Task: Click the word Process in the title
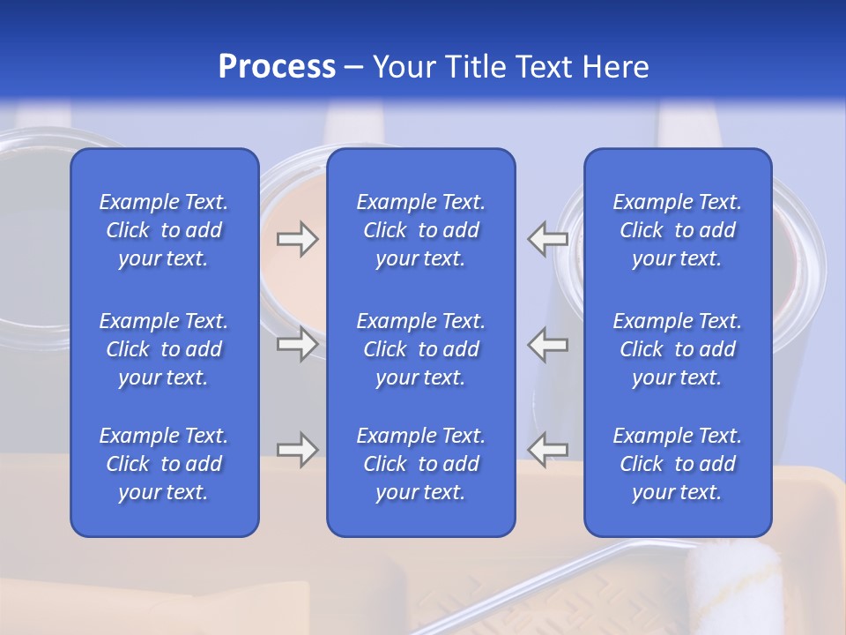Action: tap(277, 67)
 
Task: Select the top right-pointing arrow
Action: tap(298, 239)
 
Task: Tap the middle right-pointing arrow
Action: tap(298, 344)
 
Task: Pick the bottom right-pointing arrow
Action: tap(298, 450)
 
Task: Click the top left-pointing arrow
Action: tap(547, 239)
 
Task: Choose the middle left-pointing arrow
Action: tap(547, 344)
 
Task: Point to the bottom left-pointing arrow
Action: tap(547, 450)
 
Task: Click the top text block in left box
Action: tap(164, 230)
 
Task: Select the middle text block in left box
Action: tap(164, 349)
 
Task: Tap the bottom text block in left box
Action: tap(164, 464)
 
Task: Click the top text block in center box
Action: tap(420, 230)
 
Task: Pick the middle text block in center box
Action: tap(420, 349)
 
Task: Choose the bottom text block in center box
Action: tap(420, 464)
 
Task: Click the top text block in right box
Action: tap(677, 230)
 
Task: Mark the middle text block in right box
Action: tap(677, 349)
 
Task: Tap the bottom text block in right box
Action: tap(677, 464)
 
